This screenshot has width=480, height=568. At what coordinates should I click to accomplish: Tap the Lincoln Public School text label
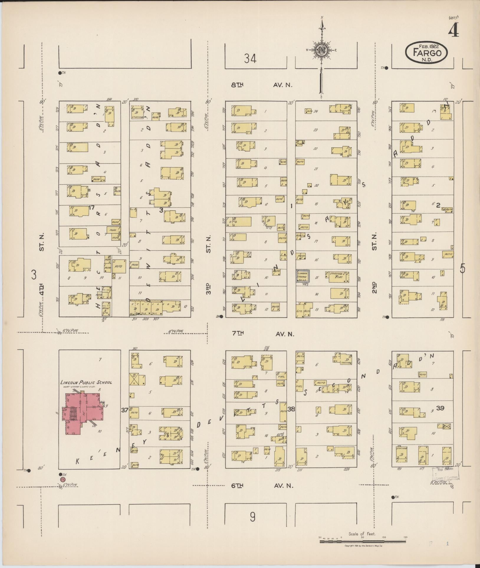(x=86, y=382)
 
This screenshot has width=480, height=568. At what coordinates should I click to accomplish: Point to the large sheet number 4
(x=453, y=30)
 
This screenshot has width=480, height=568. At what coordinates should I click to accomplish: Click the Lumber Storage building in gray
(x=303, y=276)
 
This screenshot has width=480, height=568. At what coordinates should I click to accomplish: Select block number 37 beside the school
(x=125, y=410)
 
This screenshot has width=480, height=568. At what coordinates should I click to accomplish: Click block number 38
(x=291, y=409)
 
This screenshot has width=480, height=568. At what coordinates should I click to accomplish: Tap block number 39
(x=440, y=408)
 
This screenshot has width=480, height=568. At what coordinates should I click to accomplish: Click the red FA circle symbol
(x=62, y=480)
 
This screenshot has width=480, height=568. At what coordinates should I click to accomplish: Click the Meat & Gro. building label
(x=106, y=310)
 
